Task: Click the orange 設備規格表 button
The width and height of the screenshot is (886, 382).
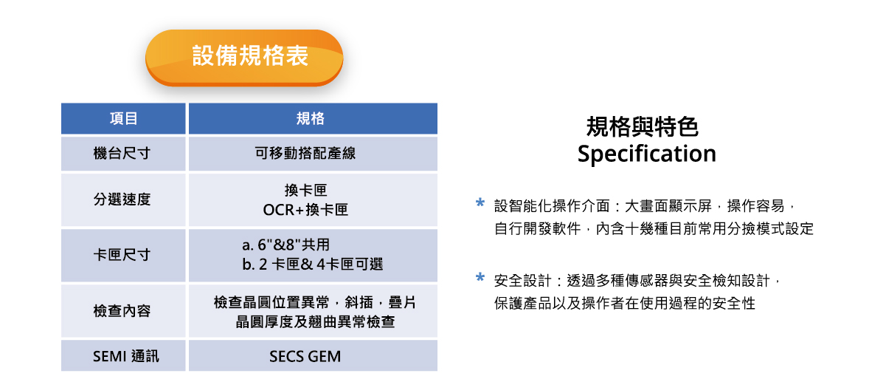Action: (244, 57)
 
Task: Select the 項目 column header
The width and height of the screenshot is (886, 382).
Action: (123, 118)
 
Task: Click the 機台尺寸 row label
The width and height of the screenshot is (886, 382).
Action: (122, 154)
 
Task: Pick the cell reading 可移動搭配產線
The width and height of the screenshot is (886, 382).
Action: (305, 154)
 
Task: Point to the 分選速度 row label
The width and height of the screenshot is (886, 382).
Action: (122, 199)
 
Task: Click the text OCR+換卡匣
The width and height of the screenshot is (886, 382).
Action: (305, 210)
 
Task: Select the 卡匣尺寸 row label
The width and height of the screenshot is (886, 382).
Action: (122, 255)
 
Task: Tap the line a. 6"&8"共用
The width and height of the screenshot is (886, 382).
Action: (286, 245)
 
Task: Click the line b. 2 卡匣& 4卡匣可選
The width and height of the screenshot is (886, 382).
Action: (313, 265)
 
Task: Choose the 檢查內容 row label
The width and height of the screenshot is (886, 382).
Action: (122, 311)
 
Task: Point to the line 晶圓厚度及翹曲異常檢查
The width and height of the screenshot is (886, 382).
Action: (315, 321)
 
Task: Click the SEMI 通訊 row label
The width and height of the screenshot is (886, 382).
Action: (125, 356)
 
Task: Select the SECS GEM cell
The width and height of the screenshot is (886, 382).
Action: (305, 356)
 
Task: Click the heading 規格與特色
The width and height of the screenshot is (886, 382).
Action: (643, 127)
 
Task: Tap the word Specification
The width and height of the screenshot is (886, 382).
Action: (647, 154)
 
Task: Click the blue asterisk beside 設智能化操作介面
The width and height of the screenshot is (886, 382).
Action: (480, 202)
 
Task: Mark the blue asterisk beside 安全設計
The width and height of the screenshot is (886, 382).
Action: (480, 277)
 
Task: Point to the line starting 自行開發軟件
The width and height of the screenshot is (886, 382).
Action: (654, 228)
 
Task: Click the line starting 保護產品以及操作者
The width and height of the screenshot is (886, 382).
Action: (625, 303)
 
